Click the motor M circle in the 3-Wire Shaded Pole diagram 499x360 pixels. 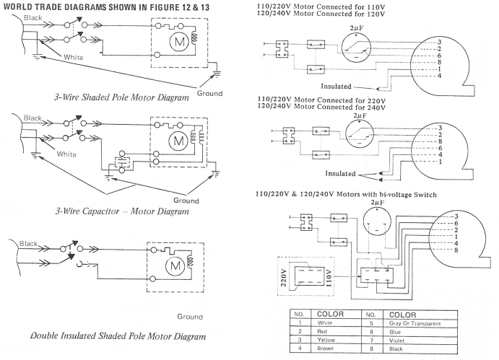pyautogui.click(x=179, y=41)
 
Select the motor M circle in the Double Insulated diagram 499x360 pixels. pyautogui.click(x=175, y=265)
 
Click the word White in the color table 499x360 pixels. pyautogui.click(x=325, y=322)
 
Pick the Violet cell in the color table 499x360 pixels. pyautogui.click(x=396, y=341)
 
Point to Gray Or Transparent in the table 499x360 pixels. pyautogui.click(x=415, y=323)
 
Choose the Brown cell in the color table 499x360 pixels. pyautogui.click(x=325, y=348)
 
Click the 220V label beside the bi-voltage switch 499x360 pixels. pyautogui.click(x=284, y=278)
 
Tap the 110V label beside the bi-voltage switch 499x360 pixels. pyautogui.click(x=329, y=278)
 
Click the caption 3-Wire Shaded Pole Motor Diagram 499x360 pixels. pyautogui.click(x=121, y=97)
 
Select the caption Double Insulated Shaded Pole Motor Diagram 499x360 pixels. pyautogui.click(x=118, y=336)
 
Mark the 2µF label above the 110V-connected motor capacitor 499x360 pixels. pyautogui.click(x=357, y=28)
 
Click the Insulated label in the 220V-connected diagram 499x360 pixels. pyautogui.click(x=340, y=174)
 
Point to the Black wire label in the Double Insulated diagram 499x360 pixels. pyautogui.click(x=28, y=244)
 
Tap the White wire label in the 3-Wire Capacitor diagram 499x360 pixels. pyautogui.click(x=66, y=154)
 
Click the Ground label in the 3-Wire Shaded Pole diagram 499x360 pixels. pyautogui.click(x=209, y=94)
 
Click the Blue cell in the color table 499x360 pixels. pyautogui.click(x=395, y=332)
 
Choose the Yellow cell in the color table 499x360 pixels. pyautogui.click(x=326, y=340)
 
